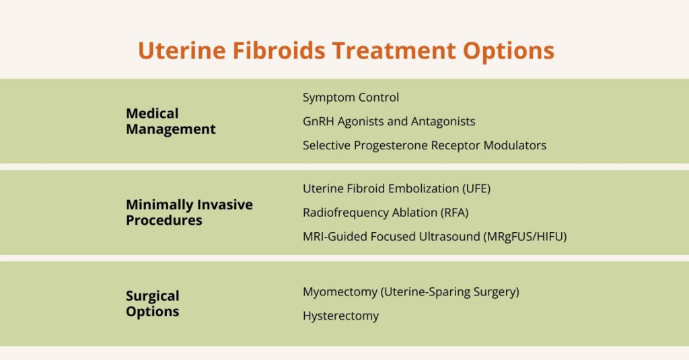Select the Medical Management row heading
[x=171, y=121]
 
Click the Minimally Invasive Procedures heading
[x=189, y=212]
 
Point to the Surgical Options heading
[x=153, y=303]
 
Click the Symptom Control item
[x=351, y=98]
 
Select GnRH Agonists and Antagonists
[x=389, y=122]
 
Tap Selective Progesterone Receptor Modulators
[x=424, y=145]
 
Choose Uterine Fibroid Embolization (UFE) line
[x=396, y=188]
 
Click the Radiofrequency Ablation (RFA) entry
[x=386, y=213]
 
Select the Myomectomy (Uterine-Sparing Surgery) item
[x=410, y=292]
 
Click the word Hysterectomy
[x=340, y=316]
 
